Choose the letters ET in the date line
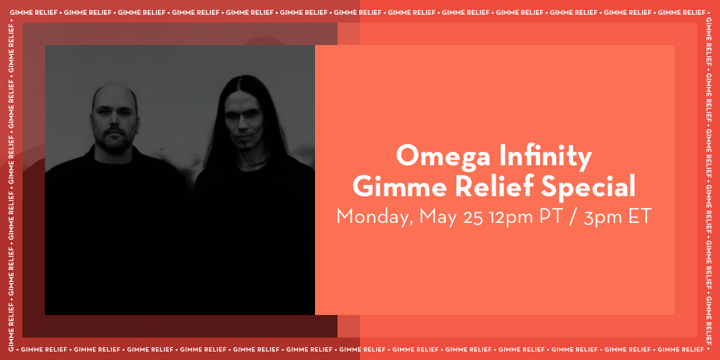coord(640,217)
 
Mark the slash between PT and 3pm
coord(574,217)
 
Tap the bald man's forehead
coord(114,98)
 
